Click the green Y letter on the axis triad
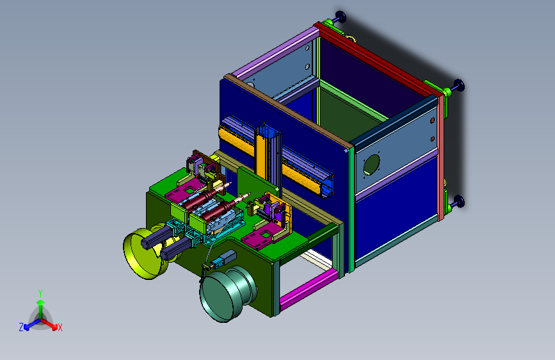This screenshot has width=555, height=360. point(40,293)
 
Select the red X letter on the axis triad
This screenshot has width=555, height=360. point(60,327)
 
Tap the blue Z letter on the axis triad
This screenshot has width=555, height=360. point(21,327)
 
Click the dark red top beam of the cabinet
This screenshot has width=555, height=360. point(377,58)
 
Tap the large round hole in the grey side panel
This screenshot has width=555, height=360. point(372,165)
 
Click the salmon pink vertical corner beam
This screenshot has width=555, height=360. point(441,156)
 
